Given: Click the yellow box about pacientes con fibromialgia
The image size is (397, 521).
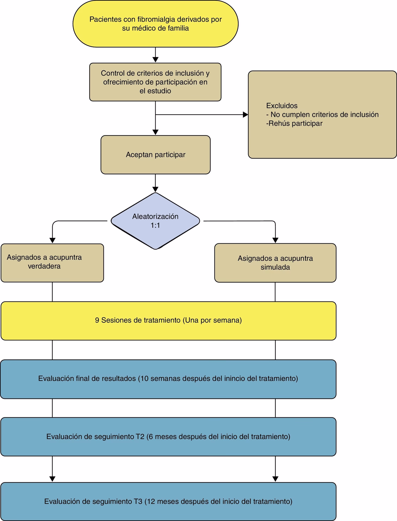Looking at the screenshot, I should (155, 24).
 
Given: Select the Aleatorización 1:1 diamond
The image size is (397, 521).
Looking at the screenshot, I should (155, 221).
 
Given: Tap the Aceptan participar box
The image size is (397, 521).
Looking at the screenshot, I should (155, 155).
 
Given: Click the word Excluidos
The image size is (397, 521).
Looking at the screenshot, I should (282, 106).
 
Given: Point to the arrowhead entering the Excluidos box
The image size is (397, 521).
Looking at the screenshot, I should (245, 115).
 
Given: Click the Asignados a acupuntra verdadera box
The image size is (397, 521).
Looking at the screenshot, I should (52, 263).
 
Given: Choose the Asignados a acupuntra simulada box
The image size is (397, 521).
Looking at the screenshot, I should (275, 263).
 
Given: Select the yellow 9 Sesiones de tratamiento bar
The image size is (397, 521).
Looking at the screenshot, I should (168, 320).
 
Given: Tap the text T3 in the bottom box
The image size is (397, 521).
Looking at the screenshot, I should (138, 501).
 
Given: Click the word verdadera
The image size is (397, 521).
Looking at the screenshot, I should (44, 266).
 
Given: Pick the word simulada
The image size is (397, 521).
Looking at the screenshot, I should (275, 267).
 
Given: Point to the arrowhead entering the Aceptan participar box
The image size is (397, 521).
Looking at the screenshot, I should (155, 132).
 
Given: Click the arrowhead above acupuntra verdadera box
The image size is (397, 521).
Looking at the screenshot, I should (52, 240).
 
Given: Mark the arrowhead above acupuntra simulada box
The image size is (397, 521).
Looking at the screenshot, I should (275, 240).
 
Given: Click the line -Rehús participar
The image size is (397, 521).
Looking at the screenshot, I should (294, 123).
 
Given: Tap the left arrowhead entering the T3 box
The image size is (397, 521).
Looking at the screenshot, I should (52, 479).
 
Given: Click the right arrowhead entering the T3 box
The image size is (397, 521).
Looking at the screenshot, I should (275, 479).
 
